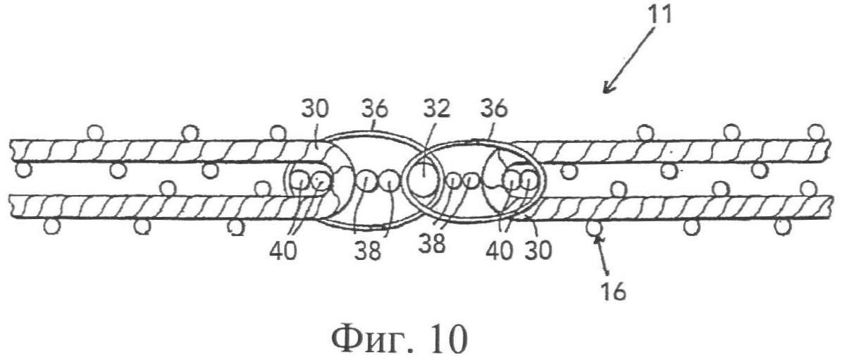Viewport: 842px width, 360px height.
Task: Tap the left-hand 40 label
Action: tap(283, 250)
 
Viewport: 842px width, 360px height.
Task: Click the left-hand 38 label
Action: tap(367, 250)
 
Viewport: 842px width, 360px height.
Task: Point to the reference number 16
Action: tap(614, 293)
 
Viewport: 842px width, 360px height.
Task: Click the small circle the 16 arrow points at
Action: tap(594, 227)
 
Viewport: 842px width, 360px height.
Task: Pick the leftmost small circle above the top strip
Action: tap(95, 132)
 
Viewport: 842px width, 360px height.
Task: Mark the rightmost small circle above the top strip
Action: tap(816, 132)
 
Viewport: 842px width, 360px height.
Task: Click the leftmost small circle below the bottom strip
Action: tap(51, 226)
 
